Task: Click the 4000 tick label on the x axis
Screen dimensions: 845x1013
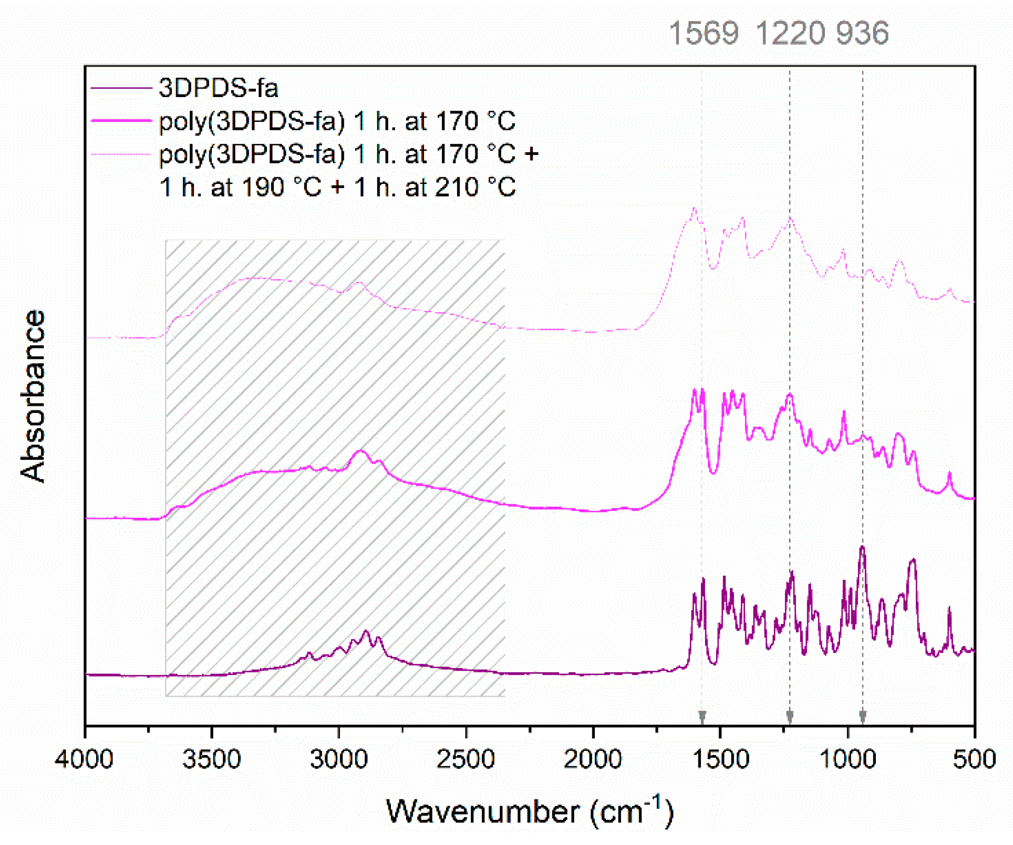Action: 84,760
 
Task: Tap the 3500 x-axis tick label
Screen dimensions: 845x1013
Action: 211,760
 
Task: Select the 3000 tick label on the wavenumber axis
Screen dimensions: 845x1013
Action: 339,760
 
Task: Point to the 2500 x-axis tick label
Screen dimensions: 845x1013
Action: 466,760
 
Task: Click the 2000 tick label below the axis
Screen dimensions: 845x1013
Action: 593,760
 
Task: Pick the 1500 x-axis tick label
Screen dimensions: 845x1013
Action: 720,760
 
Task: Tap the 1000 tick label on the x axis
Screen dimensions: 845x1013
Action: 848,760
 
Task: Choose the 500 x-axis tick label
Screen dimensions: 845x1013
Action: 974,760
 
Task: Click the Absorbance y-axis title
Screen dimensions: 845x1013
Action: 33,396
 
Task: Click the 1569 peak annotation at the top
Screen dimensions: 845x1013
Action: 703,33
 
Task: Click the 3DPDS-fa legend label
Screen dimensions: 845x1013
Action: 218,88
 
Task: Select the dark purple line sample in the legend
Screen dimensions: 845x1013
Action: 121,88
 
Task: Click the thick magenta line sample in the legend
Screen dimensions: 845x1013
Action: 121,121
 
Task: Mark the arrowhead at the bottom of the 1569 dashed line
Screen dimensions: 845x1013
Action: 702,716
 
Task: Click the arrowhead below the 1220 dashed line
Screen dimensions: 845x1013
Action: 790,716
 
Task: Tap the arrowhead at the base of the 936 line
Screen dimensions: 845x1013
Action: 863,716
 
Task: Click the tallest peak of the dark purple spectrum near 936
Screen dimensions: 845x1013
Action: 862,548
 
